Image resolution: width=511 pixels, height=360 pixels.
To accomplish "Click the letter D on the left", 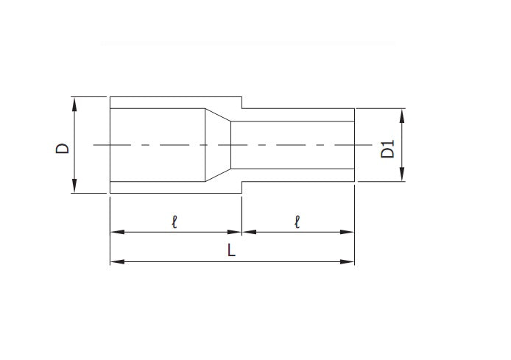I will (x=64, y=147).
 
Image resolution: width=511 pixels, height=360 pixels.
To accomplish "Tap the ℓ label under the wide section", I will (x=175, y=220).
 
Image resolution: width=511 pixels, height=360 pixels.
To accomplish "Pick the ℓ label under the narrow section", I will (x=297, y=220).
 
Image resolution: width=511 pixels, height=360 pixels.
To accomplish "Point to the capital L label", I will (x=231, y=250).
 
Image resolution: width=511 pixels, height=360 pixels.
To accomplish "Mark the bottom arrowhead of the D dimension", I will (x=75, y=188).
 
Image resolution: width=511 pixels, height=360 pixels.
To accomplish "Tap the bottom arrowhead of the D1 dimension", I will (x=402, y=177).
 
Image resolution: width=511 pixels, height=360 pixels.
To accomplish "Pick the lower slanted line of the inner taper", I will (x=218, y=177).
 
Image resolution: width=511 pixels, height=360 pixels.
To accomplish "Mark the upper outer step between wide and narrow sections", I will (x=242, y=102).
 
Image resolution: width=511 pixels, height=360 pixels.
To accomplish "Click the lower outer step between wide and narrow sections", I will (x=242, y=189).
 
